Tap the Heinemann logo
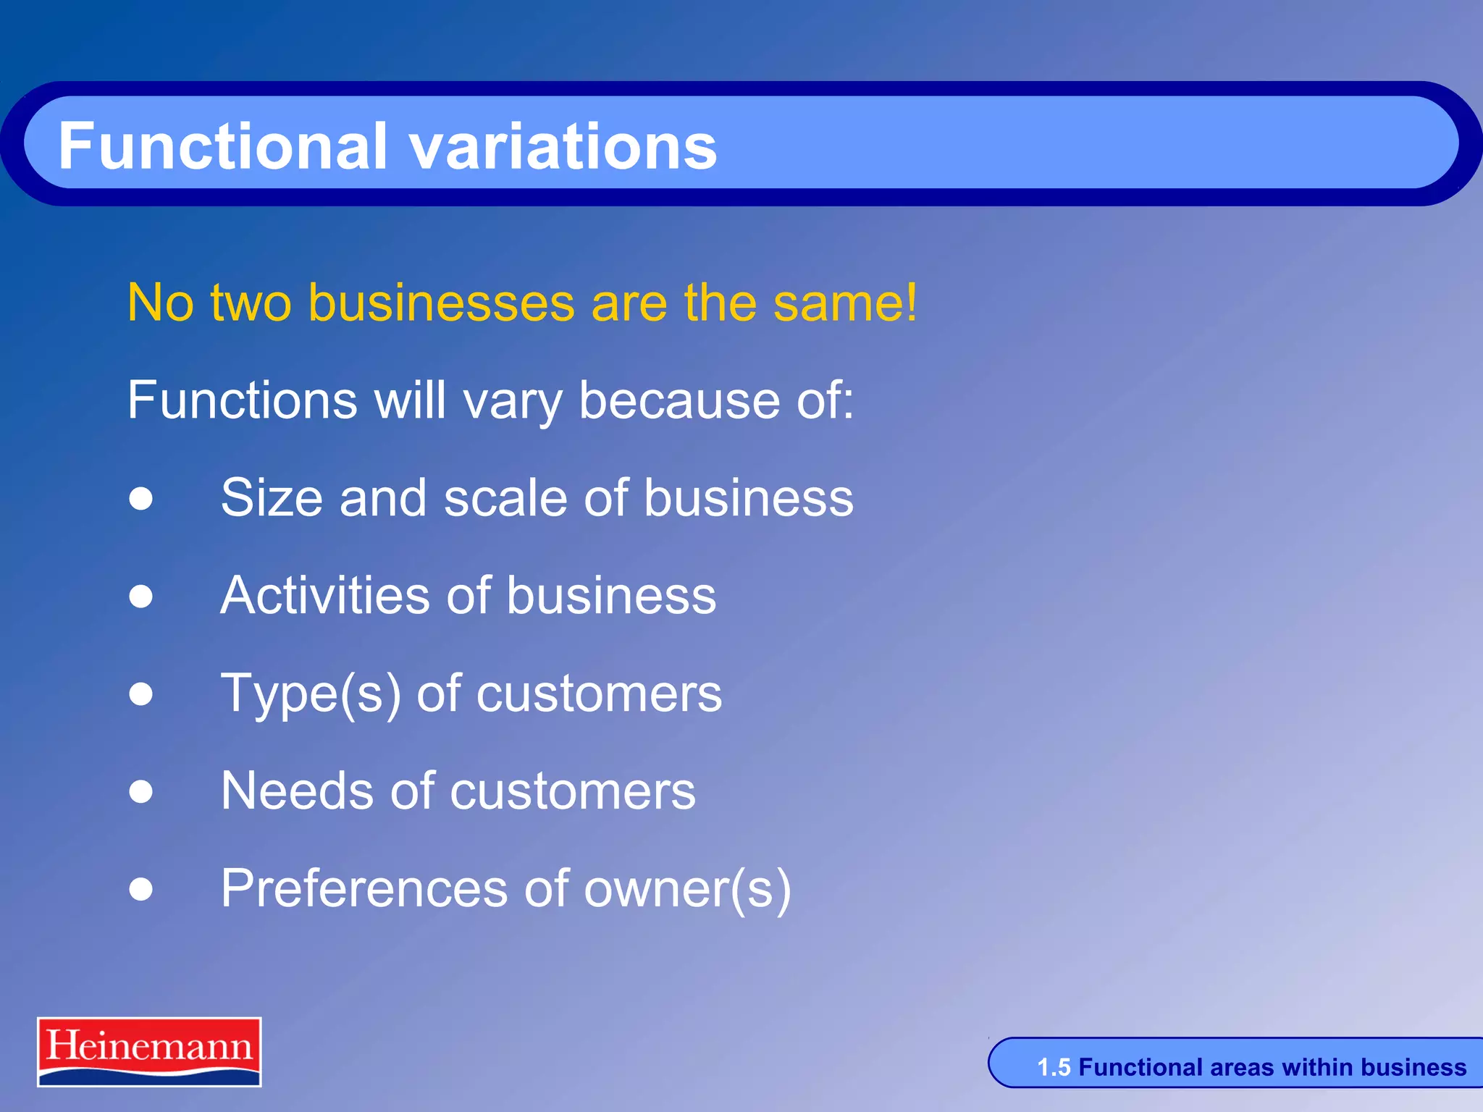tap(149, 1051)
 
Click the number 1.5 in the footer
tap(1054, 1067)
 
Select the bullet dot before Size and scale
tap(141, 498)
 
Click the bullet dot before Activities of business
tap(141, 596)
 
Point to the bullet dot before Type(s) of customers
tap(141, 694)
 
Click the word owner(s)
tap(687, 890)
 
